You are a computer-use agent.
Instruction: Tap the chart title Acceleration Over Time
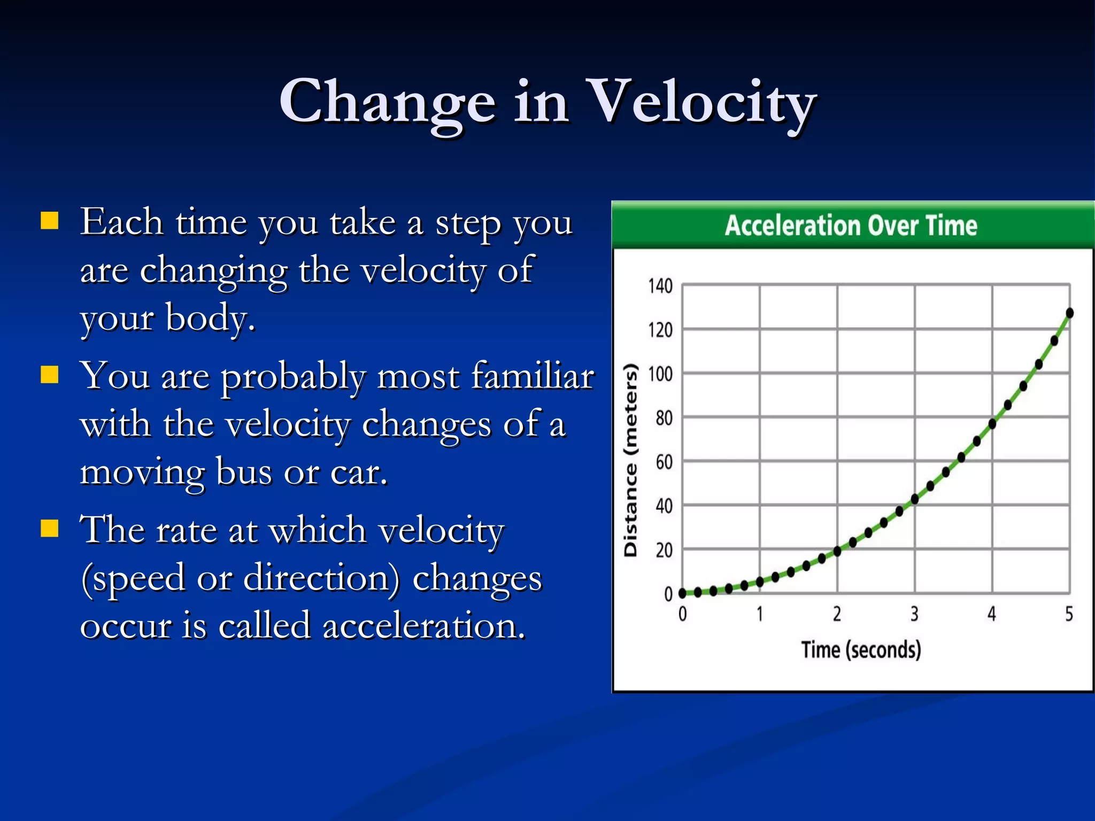pos(851,225)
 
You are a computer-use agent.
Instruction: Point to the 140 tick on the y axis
pos(660,286)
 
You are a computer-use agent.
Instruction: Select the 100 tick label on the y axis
pos(660,374)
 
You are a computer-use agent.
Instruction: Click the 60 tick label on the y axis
pos(664,462)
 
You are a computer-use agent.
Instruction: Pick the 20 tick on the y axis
pos(664,550)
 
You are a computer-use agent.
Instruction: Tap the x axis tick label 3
pos(914,614)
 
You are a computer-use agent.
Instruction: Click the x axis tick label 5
pos(1069,614)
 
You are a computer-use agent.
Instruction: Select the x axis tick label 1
pos(760,614)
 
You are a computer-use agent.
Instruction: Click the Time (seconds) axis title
pos(861,650)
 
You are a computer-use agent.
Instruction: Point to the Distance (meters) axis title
pos(631,460)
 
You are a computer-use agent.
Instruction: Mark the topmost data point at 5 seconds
pos(1069,313)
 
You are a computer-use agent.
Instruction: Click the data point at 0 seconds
pos(683,593)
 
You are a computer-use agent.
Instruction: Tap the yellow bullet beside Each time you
pos(50,220)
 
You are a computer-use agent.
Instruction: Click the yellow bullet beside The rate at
pos(50,528)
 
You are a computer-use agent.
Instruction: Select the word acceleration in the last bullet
pos(423,625)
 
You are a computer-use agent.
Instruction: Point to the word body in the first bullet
pos(210,317)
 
